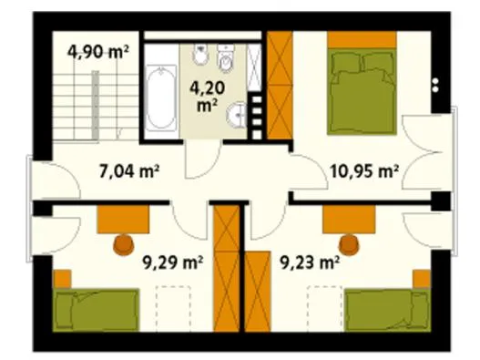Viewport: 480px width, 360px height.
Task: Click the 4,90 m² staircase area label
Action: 97,52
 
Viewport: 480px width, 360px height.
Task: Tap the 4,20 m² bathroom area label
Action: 208,97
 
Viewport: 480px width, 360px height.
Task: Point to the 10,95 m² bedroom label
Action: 364,171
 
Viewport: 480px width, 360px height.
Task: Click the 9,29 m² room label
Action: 173,262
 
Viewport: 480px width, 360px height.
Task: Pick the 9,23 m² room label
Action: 310,262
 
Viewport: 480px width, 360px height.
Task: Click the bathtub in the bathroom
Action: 160,98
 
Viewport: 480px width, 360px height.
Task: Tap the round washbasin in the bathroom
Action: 237,115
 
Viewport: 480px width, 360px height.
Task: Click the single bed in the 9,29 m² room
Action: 96,310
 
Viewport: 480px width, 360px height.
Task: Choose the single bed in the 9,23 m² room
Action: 387,310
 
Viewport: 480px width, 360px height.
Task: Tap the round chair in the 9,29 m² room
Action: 124,244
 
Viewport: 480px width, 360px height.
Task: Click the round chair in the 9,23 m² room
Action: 348,244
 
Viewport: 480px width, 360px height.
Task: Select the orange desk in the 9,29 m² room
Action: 123,220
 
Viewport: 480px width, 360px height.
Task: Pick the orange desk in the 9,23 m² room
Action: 349,220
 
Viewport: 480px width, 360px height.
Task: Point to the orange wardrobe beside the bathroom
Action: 280,85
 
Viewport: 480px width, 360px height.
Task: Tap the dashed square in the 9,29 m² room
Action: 173,308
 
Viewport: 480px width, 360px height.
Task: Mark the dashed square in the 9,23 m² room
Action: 325,308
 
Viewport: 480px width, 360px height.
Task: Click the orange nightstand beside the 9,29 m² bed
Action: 62,279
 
